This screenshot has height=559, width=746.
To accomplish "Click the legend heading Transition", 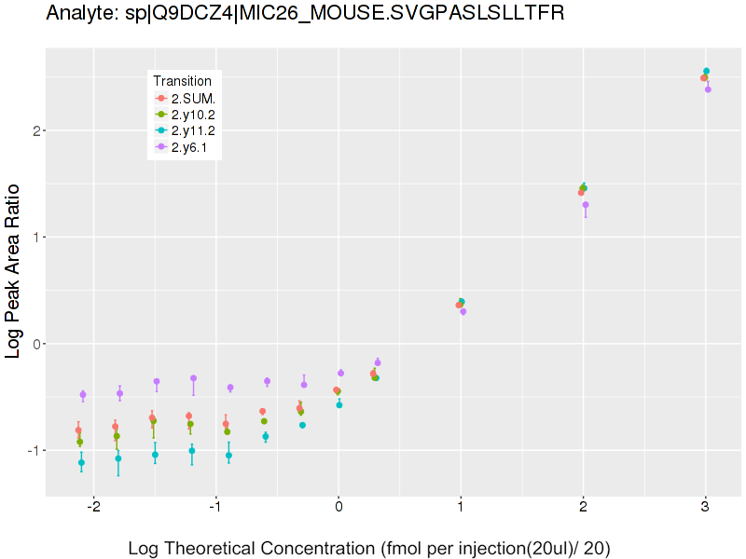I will (188, 80).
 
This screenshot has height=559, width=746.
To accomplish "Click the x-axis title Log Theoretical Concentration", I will (369, 549).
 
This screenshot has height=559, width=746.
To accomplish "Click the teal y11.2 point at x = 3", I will (707, 71).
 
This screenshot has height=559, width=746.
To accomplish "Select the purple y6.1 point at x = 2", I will (586, 205).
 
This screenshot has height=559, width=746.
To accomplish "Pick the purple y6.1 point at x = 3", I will (709, 89).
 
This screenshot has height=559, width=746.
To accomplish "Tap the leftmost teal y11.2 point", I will (81, 463).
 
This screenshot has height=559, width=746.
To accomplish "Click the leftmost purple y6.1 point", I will (83, 395).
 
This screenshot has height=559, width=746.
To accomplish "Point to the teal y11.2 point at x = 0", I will (339, 405).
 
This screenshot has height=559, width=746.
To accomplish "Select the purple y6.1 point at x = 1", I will (463, 312).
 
